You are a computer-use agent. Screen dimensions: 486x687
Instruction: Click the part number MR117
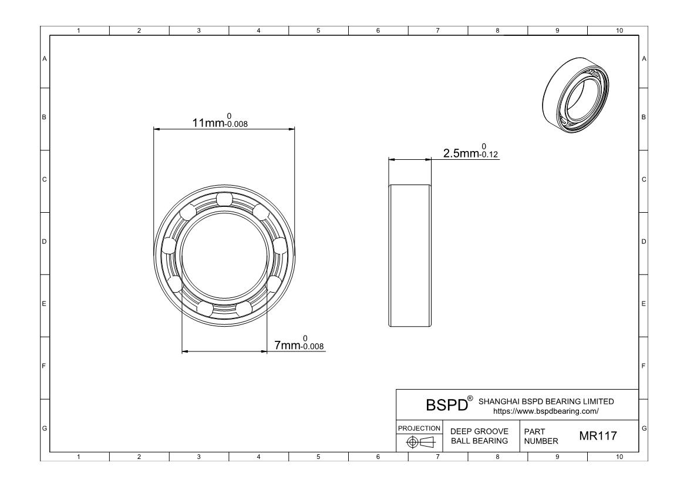598,436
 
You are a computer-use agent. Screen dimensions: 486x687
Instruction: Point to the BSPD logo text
447,404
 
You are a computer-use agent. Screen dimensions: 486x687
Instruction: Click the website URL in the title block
545,411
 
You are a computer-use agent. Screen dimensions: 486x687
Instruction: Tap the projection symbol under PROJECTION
419,442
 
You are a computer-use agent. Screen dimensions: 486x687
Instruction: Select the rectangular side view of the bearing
410,255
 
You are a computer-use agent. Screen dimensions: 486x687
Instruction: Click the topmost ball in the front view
224,199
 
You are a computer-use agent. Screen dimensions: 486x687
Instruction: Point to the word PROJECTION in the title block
419,428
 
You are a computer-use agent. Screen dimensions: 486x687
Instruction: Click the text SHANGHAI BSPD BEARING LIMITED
546,401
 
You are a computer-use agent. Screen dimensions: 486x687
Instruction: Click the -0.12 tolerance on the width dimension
490,155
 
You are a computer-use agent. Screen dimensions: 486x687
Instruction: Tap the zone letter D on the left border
44,242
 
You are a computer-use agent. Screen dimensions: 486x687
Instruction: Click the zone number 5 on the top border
318,31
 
